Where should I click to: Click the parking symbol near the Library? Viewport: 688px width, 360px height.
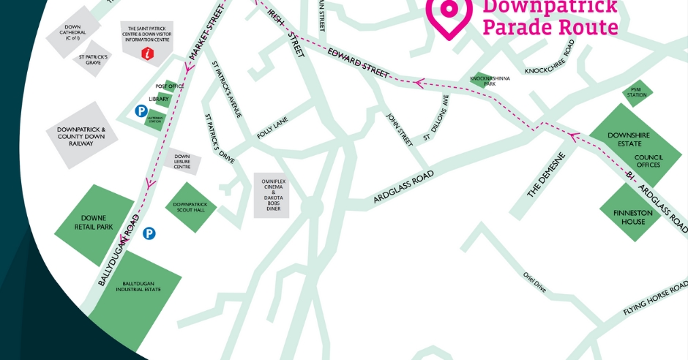[x=141, y=111]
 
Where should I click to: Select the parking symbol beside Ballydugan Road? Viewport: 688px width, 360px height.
[x=149, y=233]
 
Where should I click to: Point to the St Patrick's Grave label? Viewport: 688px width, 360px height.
[x=94, y=59]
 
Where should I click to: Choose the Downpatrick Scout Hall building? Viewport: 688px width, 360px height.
[x=191, y=207]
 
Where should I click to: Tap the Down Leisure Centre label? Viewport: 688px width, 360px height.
[x=182, y=161]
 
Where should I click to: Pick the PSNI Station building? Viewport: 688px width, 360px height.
[x=637, y=93]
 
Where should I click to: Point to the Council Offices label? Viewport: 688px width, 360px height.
[x=648, y=161]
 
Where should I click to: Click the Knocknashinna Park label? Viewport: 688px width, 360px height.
[x=482, y=81]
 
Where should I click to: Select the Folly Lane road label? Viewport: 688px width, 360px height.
[x=274, y=129]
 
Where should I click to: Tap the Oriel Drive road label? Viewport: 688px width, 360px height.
[x=535, y=282]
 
